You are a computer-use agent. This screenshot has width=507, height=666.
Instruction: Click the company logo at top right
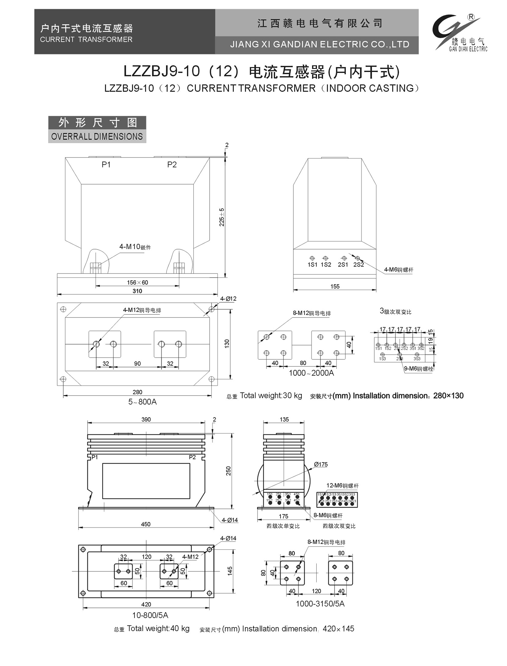pos(460,32)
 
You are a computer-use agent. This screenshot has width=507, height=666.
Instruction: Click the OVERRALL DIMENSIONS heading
pos(97,136)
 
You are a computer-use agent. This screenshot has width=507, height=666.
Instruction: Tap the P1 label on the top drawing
pos(106,165)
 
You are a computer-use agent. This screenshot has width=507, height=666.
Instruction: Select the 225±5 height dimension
pos(222,217)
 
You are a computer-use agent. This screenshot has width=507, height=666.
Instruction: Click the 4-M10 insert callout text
pos(135,247)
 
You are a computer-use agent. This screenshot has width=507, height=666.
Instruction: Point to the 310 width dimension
pos(137,291)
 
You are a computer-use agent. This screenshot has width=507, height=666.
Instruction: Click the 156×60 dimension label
pos(137,282)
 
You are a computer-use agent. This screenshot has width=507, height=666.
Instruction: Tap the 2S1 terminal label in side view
pos(343,265)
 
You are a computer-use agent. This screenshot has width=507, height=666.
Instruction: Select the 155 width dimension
pos(335,286)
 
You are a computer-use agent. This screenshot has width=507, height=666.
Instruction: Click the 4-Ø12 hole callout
pos(228,299)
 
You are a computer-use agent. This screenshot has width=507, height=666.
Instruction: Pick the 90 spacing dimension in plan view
pos(137,364)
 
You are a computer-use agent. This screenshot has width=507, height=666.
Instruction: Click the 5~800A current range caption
pos(142,402)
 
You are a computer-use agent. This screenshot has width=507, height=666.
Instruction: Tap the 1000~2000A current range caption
pos(311,373)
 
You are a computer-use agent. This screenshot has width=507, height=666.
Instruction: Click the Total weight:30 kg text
pos(271,396)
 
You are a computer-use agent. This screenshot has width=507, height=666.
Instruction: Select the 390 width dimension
pos(146,420)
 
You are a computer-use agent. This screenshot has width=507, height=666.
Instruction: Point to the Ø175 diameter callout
pos(321,465)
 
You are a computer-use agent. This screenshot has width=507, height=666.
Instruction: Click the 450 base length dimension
pos(146,524)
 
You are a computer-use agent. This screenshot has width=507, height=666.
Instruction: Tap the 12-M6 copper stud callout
pos(342,486)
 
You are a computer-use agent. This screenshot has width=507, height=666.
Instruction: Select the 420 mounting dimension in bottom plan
pos(146,604)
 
